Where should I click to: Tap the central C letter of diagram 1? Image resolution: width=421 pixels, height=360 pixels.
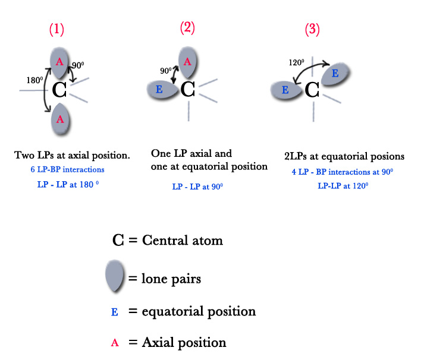pyautogui.click(x=59, y=90)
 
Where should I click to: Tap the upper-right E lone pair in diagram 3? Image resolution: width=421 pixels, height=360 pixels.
pyautogui.click(x=335, y=74)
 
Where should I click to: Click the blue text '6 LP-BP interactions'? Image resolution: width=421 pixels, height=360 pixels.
pyautogui.click(x=67, y=169)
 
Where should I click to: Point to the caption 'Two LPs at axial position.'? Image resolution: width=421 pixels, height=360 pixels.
pyautogui.click(x=73, y=155)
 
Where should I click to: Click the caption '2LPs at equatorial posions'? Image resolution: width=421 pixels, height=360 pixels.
pyautogui.click(x=344, y=156)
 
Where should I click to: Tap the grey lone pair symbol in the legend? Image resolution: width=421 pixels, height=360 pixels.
pyautogui.click(x=115, y=277)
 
